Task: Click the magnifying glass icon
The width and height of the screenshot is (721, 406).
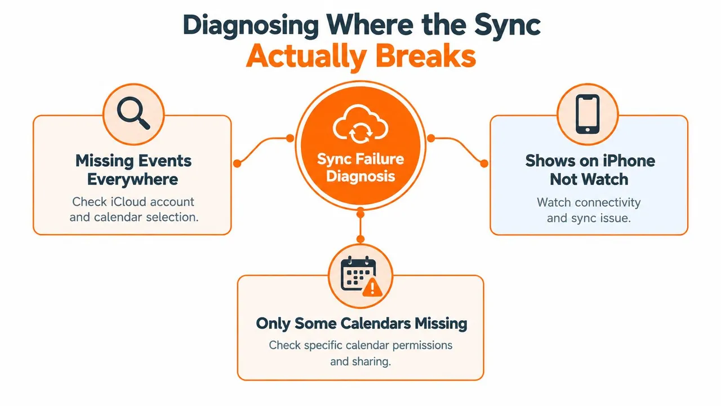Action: pos(133,113)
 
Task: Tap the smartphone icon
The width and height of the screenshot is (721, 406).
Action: pos(588,114)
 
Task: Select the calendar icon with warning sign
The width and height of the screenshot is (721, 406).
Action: pos(361,276)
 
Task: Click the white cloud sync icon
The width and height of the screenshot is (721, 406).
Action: pos(360,124)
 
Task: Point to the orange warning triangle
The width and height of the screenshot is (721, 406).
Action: pos(372,287)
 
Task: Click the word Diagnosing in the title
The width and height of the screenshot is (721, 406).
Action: pos(251,26)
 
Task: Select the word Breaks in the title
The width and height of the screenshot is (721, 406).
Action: pos(425,56)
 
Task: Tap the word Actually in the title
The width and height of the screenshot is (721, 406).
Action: pos(306,58)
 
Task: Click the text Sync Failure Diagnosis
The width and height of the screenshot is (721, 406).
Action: pos(360,167)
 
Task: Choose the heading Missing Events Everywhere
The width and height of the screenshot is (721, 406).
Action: pos(133,170)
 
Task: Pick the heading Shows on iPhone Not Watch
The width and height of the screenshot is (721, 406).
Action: pos(590,170)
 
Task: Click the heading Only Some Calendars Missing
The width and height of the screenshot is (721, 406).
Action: pos(362,324)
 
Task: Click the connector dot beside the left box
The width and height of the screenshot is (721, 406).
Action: pos(237,164)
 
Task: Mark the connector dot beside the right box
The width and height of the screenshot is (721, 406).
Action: pos(484,164)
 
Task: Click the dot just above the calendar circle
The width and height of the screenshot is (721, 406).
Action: pos(360,239)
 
